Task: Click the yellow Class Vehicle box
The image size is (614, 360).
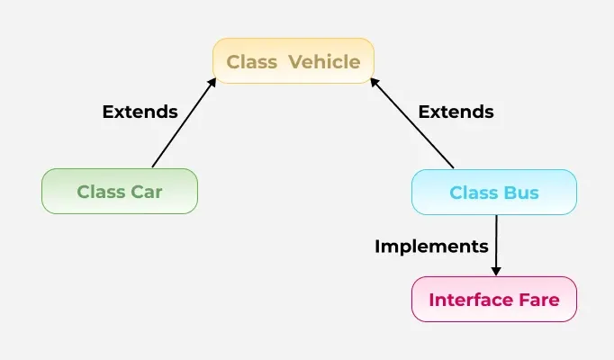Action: coord(293,61)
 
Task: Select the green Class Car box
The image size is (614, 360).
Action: coord(119,192)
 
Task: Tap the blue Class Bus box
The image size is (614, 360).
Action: coord(493,193)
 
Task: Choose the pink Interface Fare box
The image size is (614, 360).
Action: coord(493,299)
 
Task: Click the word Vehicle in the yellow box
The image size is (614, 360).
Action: coord(325,62)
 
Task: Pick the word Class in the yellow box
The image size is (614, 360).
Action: coord(251,62)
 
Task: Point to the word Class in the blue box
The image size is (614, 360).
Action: coord(473,193)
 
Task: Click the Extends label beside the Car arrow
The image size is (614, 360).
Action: coord(140,112)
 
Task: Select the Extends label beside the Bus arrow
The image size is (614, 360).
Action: coord(456,112)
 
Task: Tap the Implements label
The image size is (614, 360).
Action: coord(431,246)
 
